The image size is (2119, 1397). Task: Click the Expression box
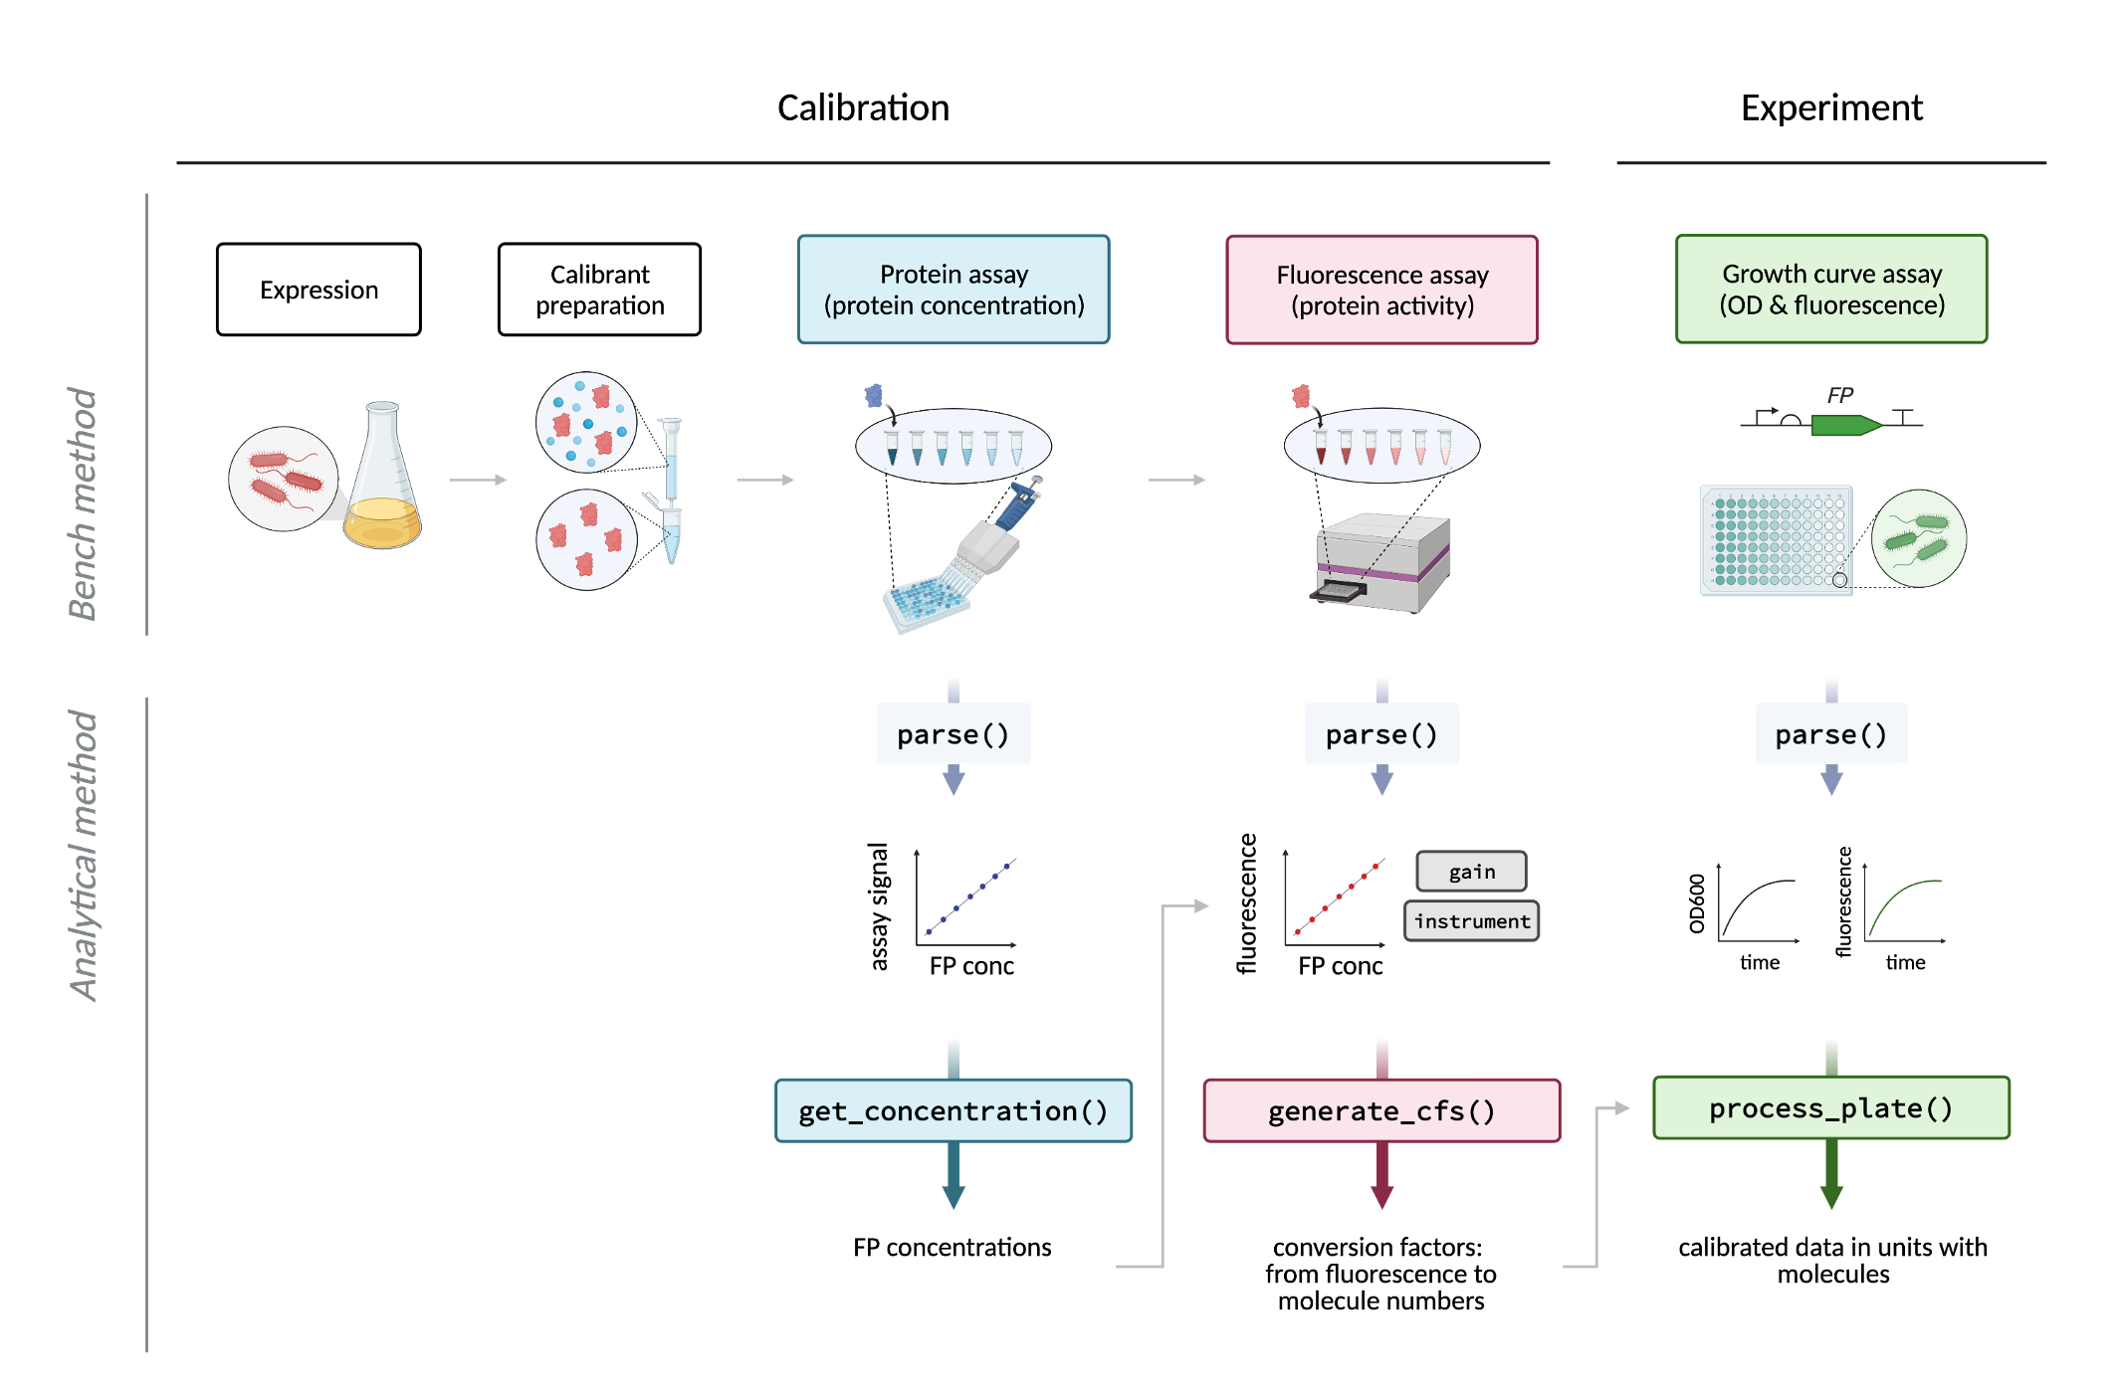click(x=318, y=290)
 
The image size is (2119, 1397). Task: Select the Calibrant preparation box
click(x=599, y=290)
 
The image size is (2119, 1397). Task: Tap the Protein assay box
click(x=954, y=290)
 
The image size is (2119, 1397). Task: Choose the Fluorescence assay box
click(x=1381, y=290)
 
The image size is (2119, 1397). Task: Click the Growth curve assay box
click(x=1831, y=289)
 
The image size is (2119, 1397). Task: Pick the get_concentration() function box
click(x=954, y=1110)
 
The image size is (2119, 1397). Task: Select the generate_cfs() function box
click(x=1381, y=1110)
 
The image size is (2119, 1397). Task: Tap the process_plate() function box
click(x=1831, y=1107)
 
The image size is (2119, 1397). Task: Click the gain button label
click(x=1472, y=872)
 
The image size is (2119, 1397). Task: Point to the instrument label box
click(x=1472, y=921)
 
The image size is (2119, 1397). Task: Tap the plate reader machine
click(x=1380, y=562)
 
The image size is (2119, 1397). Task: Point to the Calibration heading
click(x=863, y=107)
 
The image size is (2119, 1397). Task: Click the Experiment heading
click(x=1831, y=107)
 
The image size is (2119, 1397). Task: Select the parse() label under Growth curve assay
click(x=1831, y=734)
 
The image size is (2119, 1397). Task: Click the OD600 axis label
click(x=1697, y=903)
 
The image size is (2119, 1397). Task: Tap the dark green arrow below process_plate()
click(x=1831, y=1174)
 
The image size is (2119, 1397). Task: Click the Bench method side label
click(x=84, y=503)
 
